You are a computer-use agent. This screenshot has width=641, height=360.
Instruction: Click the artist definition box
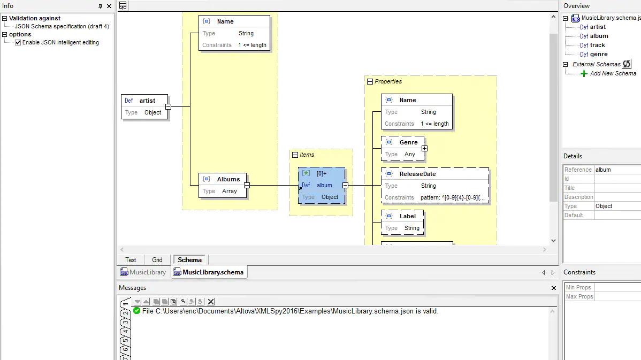pyautogui.click(x=144, y=106)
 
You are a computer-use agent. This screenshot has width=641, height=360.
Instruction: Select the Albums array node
pyautogui.click(x=223, y=185)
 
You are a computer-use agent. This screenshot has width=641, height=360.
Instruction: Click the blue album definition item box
pyautogui.click(x=322, y=185)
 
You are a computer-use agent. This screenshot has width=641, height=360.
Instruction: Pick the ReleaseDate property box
pyautogui.click(x=435, y=186)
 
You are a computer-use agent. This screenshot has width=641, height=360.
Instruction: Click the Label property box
pyautogui.click(x=402, y=223)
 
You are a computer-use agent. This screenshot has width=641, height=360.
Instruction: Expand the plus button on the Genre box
pyautogui.click(x=424, y=148)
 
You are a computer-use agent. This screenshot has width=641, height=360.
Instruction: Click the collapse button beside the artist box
pyautogui.click(x=168, y=106)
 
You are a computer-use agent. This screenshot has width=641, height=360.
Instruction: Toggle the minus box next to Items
pyautogui.click(x=295, y=155)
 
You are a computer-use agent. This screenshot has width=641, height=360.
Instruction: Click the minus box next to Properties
pyautogui.click(x=370, y=82)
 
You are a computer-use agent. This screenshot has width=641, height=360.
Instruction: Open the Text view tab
pyautogui.click(x=131, y=260)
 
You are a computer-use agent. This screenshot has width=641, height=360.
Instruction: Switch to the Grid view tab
pyautogui.click(x=157, y=260)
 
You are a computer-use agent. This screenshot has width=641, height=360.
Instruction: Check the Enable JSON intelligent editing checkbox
pyautogui.click(x=18, y=42)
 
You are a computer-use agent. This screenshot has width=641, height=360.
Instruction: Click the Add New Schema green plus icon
pyautogui.click(x=584, y=74)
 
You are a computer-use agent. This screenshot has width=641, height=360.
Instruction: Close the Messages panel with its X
pyautogui.click(x=553, y=288)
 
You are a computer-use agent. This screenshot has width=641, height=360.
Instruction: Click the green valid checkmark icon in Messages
pyautogui.click(x=136, y=311)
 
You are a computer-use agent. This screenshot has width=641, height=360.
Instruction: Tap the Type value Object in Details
pyautogui.click(x=604, y=206)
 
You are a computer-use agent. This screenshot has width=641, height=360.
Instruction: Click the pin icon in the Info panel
pyautogui.click(x=100, y=6)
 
